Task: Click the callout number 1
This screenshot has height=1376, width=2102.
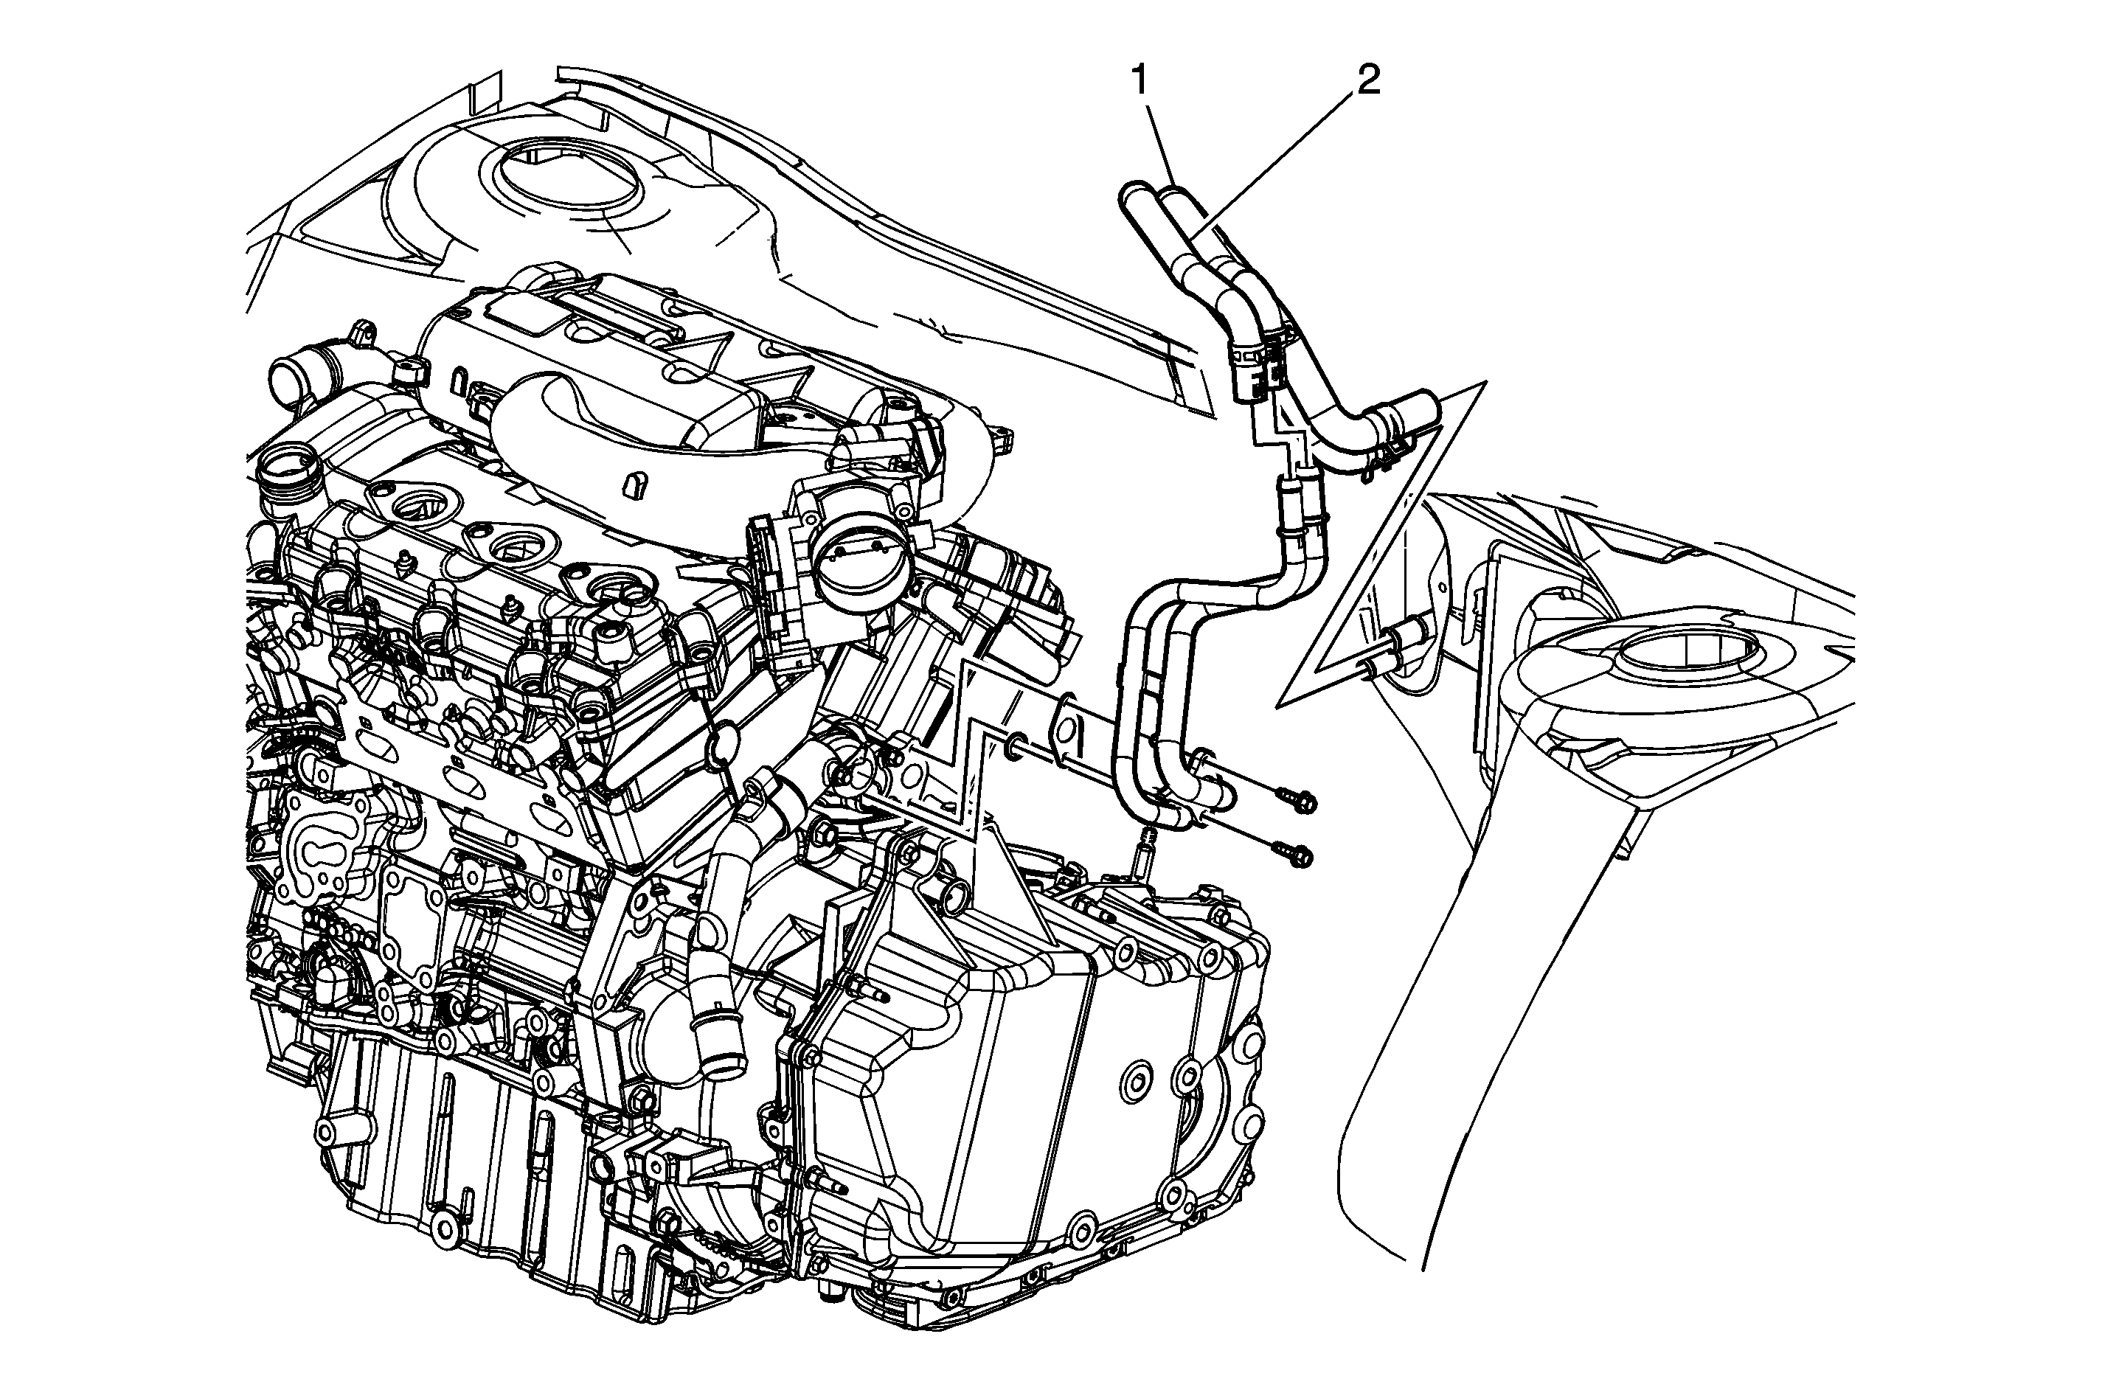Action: click(1140, 82)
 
